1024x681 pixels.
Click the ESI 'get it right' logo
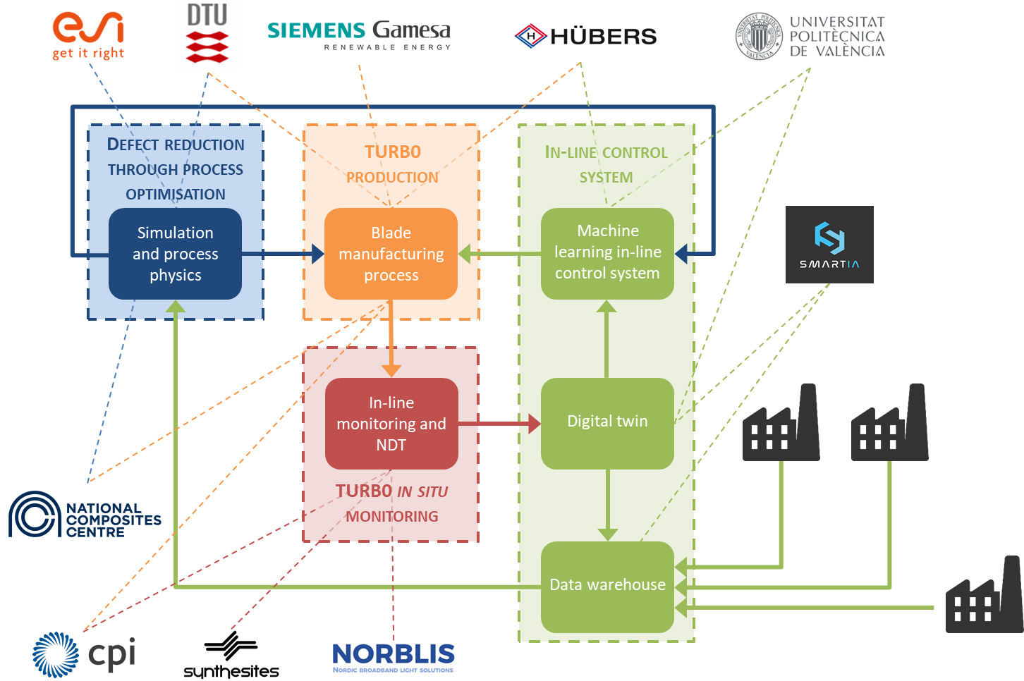coord(88,35)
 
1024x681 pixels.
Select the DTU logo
coord(207,35)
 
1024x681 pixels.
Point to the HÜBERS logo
coord(580,36)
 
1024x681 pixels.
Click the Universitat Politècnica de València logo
coord(810,36)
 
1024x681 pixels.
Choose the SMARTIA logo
coord(829,245)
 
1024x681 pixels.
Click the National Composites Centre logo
coord(85,516)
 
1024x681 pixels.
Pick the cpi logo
coord(84,654)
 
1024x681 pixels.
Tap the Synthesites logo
coord(231,654)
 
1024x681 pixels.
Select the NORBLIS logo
coord(394,657)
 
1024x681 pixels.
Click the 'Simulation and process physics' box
coord(175,254)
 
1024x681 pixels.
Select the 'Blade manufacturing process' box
coord(391,254)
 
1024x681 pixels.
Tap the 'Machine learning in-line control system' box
coord(607,253)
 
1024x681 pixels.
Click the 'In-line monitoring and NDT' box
coord(391,424)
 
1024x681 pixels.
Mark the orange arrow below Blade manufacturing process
coord(391,338)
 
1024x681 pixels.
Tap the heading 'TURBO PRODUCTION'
coord(392,164)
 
